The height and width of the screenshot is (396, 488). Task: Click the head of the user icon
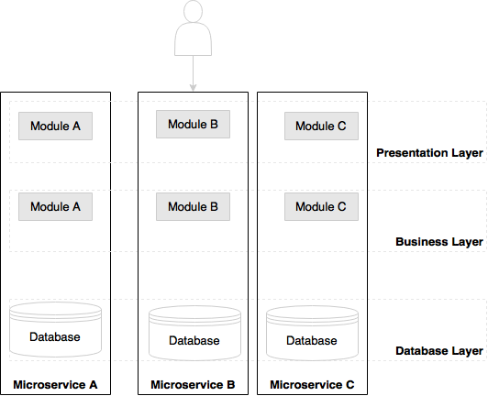pyautogui.click(x=193, y=11)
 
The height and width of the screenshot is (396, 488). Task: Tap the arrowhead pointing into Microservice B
pyautogui.click(x=193, y=88)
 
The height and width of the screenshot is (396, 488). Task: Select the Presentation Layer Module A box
pyautogui.click(x=55, y=126)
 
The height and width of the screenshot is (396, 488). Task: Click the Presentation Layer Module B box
pyautogui.click(x=193, y=124)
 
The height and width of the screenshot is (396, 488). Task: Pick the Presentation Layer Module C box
pyautogui.click(x=321, y=126)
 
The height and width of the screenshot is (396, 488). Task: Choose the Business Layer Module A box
pyautogui.click(x=55, y=206)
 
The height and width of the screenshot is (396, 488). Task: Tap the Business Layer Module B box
pyautogui.click(x=193, y=206)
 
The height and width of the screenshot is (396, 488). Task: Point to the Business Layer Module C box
pyautogui.click(x=321, y=206)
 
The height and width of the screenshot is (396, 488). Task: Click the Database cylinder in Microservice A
pyautogui.click(x=55, y=329)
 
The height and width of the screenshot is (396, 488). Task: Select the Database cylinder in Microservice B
pyautogui.click(x=194, y=333)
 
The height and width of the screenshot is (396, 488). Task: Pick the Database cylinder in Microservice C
pyautogui.click(x=312, y=333)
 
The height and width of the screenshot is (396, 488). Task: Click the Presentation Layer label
pyautogui.click(x=429, y=153)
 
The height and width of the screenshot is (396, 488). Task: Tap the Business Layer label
pyautogui.click(x=439, y=242)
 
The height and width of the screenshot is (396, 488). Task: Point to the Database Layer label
pyautogui.click(x=439, y=351)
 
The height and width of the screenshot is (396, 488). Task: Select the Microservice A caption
pyautogui.click(x=55, y=385)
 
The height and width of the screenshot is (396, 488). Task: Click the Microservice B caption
pyautogui.click(x=193, y=385)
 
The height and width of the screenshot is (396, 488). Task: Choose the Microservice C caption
pyautogui.click(x=312, y=385)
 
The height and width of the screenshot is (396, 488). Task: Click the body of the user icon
pyautogui.click(x=193, y=38)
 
